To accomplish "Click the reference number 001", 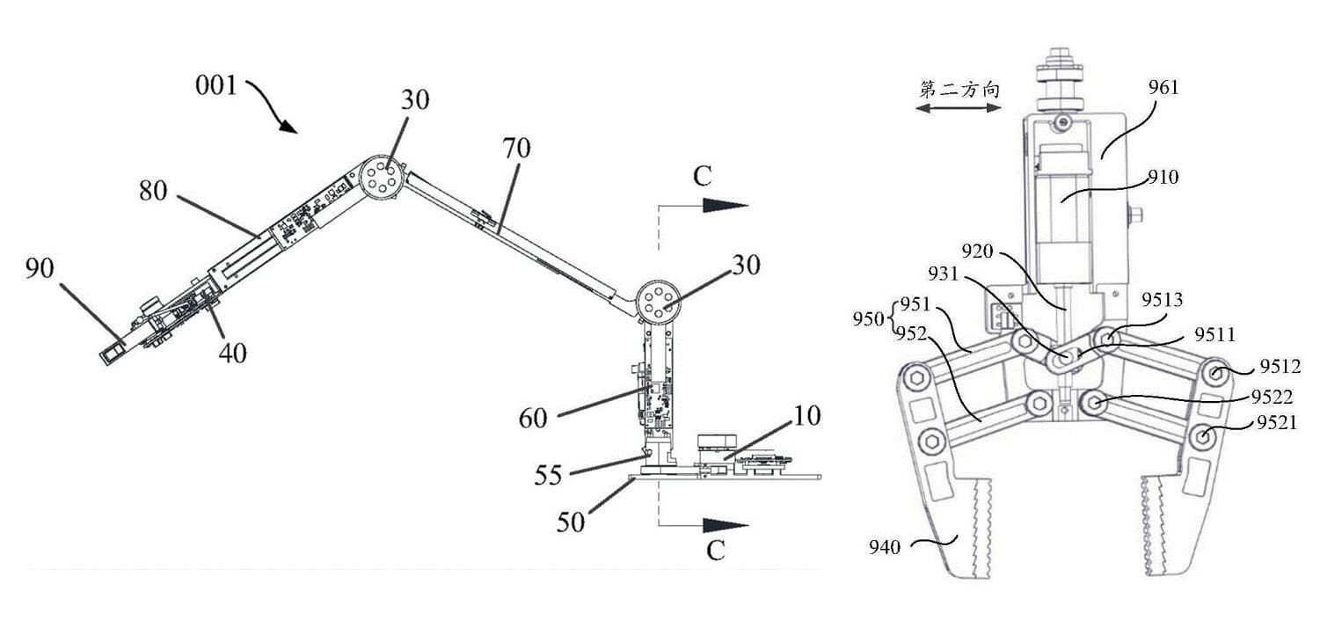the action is (x=215, y=86).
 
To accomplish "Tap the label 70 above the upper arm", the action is (x=516, y=148).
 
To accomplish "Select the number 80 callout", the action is (x=153, y=191).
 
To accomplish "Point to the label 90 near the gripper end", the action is (x=40, y=268).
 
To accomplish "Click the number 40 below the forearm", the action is (x=232, y=354).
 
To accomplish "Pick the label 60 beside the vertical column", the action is (x=533, y=419).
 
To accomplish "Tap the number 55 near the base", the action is (x=548, y=475).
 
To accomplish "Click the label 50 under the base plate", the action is (x=571, y=522).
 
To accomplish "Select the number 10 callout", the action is (x=806, y=416).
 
